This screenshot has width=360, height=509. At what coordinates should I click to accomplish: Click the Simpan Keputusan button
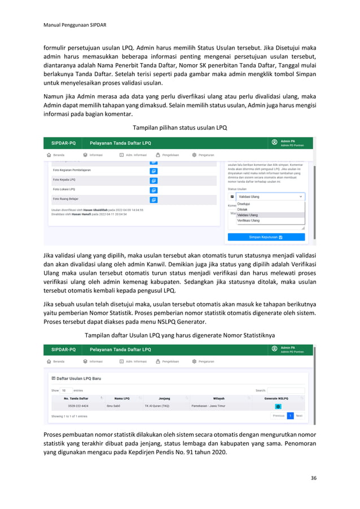[266, 237]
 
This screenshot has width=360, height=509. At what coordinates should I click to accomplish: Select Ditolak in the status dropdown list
[242, 209]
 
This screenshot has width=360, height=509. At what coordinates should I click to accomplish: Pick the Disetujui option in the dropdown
[244, 204]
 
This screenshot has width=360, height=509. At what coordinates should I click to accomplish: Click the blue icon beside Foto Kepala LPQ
[153, 181]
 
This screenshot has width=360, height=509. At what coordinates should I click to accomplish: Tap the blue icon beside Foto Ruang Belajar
[153, 200]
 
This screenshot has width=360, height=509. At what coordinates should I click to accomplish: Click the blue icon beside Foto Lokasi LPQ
[153, 190]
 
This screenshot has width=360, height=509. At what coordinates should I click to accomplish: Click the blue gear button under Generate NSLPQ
[278, 406]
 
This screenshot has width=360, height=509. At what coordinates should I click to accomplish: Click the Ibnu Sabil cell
[113, 406]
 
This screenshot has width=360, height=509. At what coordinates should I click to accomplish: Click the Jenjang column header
[164, 398]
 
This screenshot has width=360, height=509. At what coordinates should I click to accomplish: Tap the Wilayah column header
[218, 398]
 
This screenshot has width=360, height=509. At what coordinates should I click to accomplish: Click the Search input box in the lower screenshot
[286, 390]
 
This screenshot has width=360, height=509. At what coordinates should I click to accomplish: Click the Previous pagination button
[278, 416]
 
